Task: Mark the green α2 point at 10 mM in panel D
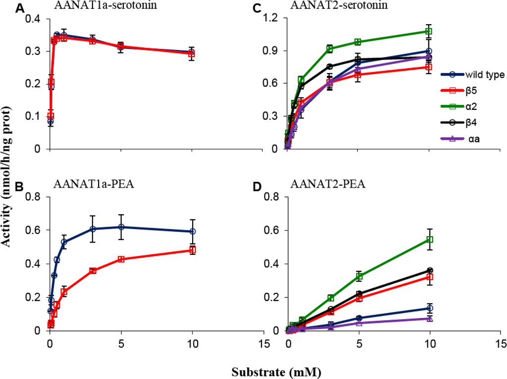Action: point(430,239)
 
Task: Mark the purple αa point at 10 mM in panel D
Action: point(430,319)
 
